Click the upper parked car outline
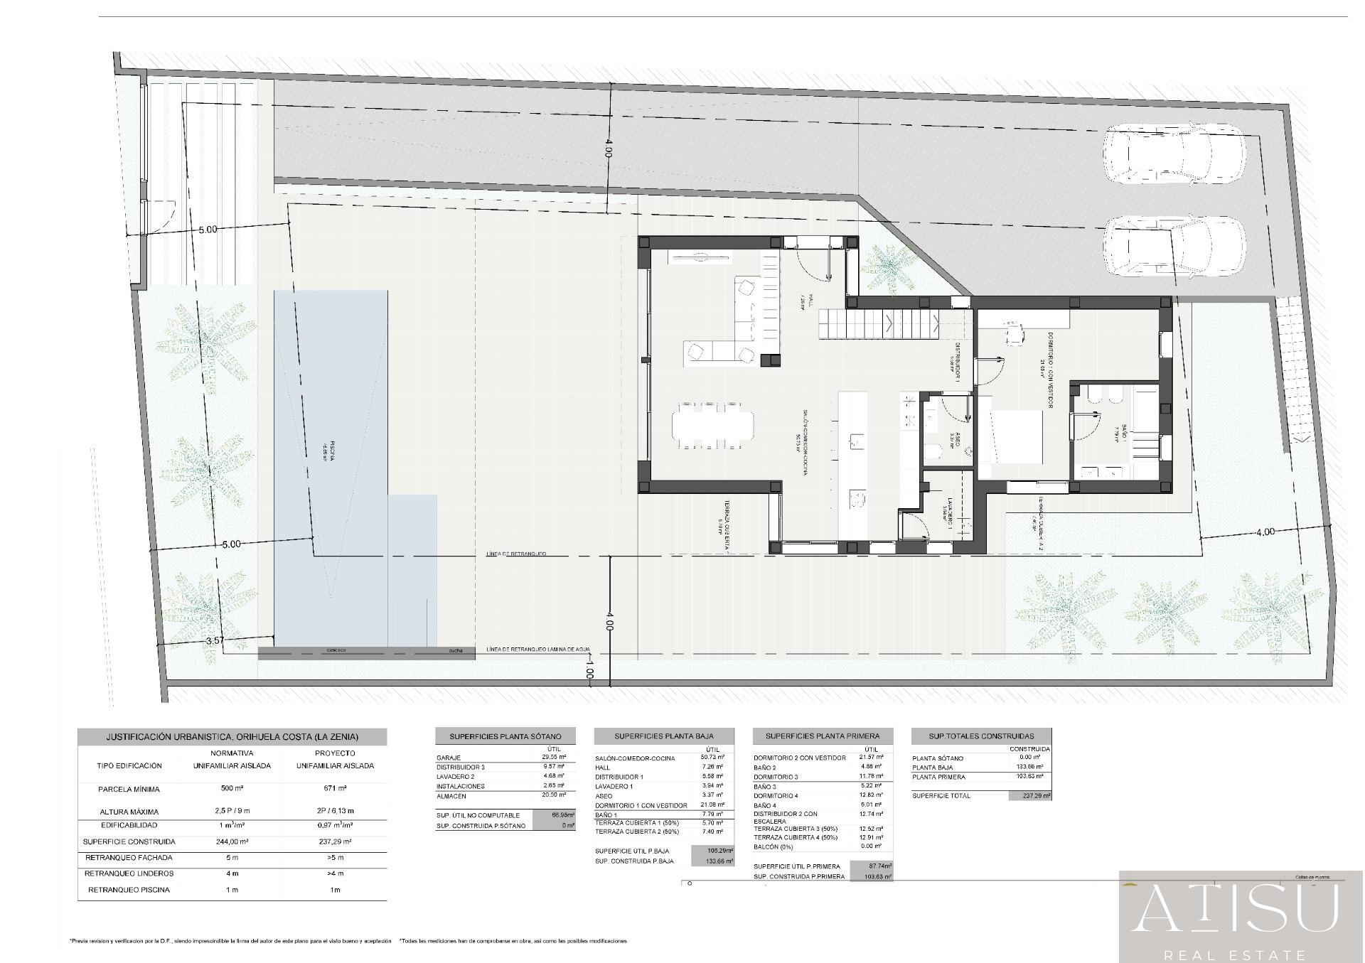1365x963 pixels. (x=1174, y=155)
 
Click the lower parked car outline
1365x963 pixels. (x=1174, y=246)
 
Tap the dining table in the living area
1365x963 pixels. (x=712, y=425)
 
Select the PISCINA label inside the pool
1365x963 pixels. (x=331, y=451)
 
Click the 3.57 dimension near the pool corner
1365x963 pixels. (x=215, y=640)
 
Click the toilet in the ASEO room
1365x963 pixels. (x=933, y=451)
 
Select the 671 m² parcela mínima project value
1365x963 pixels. (x=334, y=789)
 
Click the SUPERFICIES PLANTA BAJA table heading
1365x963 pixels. (x=663, y=736)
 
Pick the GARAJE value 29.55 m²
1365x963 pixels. (x=553, y=758)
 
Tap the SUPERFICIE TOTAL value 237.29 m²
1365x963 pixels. (x=1029, y=796)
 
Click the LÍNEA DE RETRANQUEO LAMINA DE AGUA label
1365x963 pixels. (x=538, y=650)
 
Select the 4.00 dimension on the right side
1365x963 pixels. (x=1265, y=532)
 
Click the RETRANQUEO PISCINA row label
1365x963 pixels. (x=129, y=890)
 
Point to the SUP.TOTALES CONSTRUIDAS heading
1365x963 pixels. (x=981, y=736)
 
